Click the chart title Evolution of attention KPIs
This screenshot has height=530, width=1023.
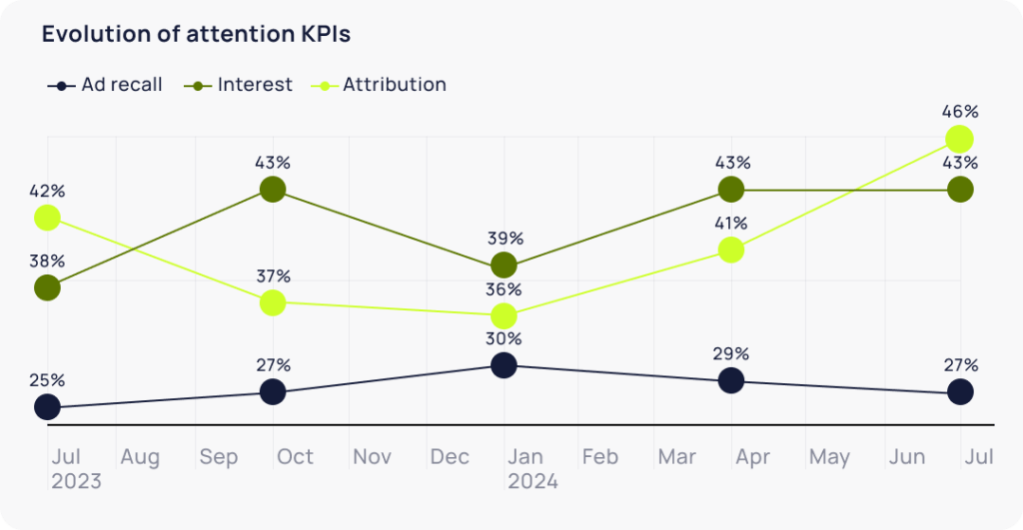tap(196, 34)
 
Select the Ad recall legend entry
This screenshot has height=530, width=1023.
tap(105, 85)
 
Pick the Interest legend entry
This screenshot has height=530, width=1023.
tap(240, 85)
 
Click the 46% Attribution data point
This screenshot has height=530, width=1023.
tap(959, 139)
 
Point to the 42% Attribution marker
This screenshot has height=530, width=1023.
tap(46, 217)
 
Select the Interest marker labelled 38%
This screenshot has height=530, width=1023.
tap(46, 287)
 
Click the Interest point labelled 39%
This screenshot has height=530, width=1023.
tap(504, 265)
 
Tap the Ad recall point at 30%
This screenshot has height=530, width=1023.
tap(504, 365)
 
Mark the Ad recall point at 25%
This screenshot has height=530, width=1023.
tap(46, 407)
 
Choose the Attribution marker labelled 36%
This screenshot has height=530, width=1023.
tap(504, 316)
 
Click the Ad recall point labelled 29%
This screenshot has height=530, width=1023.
tap(731, 380)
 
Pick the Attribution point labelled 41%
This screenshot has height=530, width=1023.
tap(731, 250)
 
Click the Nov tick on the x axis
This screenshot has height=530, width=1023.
tap(373, 457)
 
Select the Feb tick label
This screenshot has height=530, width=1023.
tap(600, 457)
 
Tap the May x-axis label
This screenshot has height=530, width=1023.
tap(829, 457)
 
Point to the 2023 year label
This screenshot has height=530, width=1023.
tap(76, 482)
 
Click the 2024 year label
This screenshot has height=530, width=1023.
tap(532, 482)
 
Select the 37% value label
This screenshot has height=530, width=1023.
tap(272, 275)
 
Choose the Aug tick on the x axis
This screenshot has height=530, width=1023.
tap(140, 457)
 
